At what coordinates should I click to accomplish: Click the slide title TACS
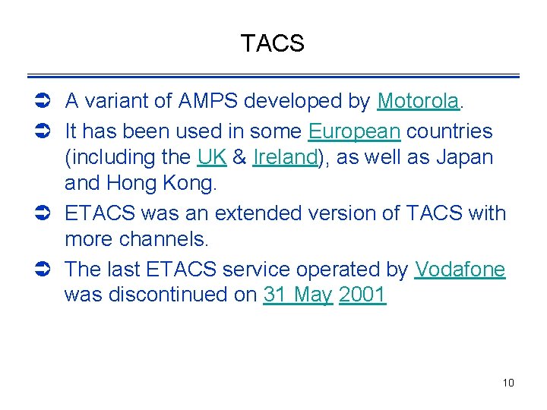click(x=272, y=44)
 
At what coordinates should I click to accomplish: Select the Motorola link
click(x=418, y=101)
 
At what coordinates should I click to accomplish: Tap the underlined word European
click(x=354, y=131)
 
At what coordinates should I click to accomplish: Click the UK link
click(x=211, y=158)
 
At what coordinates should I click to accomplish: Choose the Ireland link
click(x=285, y=158)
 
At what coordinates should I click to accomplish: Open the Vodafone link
click(x=460, y=270)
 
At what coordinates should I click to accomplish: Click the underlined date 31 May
click(x=298, y=295)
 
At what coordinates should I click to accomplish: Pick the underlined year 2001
click(x=362, y=295)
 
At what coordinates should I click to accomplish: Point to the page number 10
click(x=508, y=383)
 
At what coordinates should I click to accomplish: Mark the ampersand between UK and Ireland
click(x=239, y=158)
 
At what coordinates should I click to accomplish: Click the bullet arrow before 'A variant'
click(x=43, y=101)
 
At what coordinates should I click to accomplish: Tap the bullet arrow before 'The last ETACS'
click(x=43, y=270)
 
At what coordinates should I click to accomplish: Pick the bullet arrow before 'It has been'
click(x=43, y=131)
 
